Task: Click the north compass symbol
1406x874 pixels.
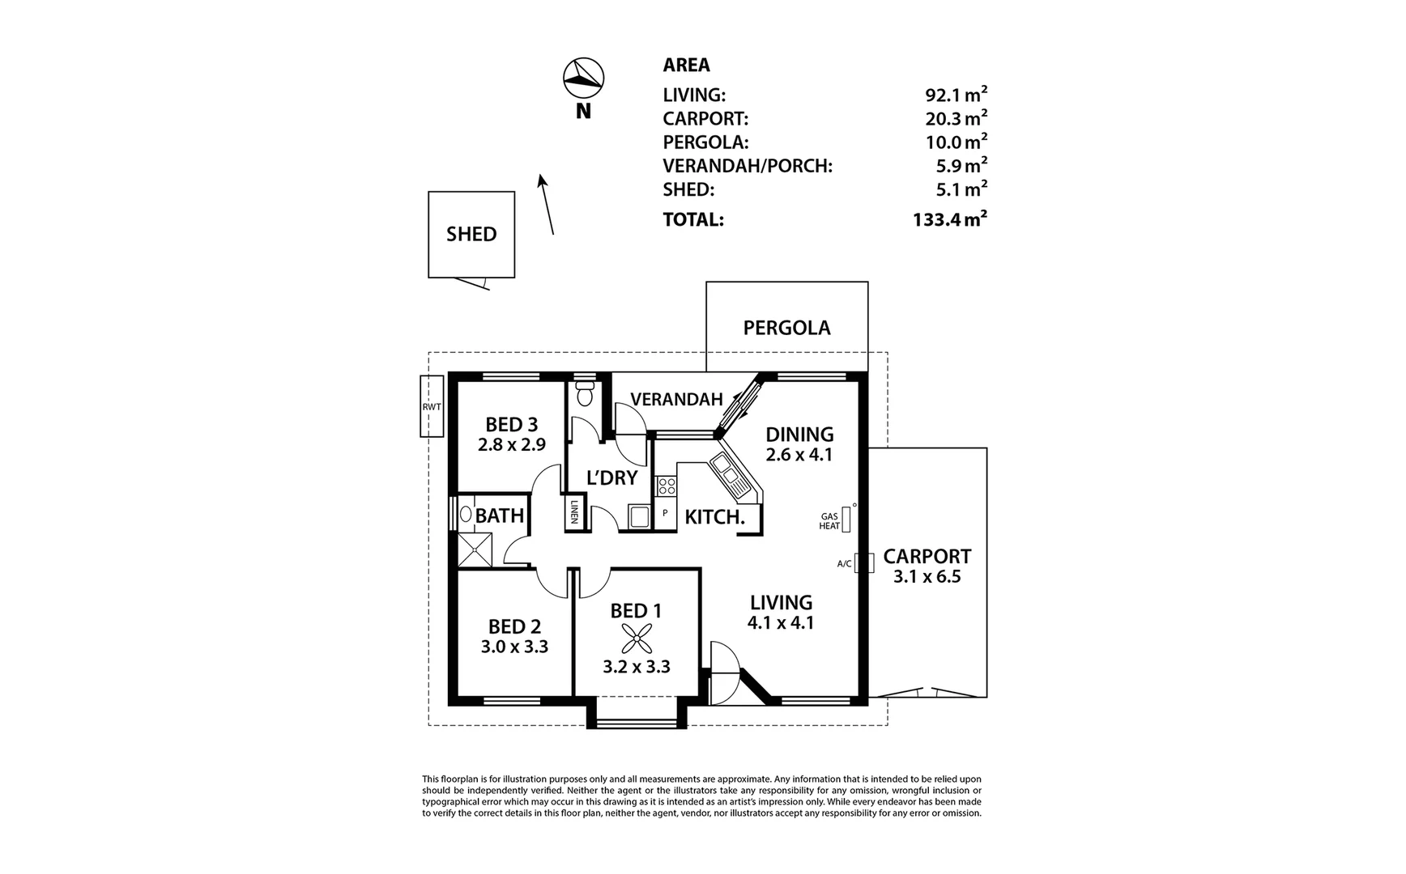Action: (583, 78)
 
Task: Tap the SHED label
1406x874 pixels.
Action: (471, 234)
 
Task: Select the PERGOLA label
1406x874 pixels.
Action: (786, 328)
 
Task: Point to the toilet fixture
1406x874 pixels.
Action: (585, 394)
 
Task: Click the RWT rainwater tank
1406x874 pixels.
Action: (432, 406)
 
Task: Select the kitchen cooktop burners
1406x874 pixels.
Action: (666, 486)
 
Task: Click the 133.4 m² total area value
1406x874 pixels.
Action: (949, 219)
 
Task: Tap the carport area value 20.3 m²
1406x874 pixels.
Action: (956, 119)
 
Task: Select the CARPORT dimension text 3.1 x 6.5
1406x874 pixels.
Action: (927, 577)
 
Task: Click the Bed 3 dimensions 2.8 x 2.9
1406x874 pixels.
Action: (511, 444)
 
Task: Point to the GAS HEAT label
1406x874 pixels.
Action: (830, 521)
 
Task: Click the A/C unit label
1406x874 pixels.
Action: (844, 563)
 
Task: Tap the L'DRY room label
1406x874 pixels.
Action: (612, 477)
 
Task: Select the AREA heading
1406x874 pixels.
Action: (686, 65)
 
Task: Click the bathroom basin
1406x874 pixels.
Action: (466, 514)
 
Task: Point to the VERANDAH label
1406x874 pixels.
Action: (676, 399)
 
